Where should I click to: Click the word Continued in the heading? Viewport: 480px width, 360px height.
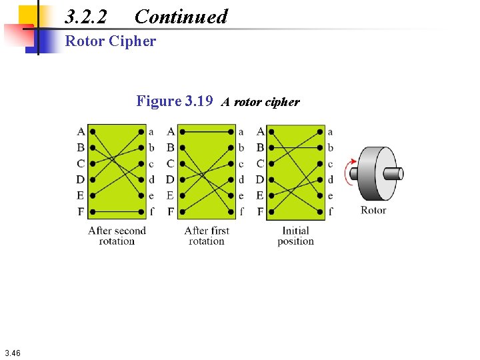coord(181,17)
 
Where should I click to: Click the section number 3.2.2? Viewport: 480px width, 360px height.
coord(86,17)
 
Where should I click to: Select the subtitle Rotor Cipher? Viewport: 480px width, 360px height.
coord(111,41)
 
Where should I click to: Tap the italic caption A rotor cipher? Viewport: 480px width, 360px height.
coord(261,102)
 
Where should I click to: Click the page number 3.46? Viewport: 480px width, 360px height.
coord(12,353)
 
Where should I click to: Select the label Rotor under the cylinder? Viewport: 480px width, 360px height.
coord(373,210)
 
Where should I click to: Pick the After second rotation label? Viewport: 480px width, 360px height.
coord(117,236)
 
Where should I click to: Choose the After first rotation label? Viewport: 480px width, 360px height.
coord(207,236)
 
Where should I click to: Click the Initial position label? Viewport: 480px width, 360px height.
coord(295,236)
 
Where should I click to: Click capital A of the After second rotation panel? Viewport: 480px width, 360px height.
coord(81,131)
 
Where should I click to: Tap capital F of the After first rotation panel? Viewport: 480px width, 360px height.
coord(171,212)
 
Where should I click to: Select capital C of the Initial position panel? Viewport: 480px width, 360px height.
coord(260,163)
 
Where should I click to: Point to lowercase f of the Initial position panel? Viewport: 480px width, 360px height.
coord(331,212)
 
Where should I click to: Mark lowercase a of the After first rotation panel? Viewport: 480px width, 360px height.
coord(241,132)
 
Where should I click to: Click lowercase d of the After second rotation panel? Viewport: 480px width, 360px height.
coord(151,179)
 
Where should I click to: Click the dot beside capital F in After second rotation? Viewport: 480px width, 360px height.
coord(92,212)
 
